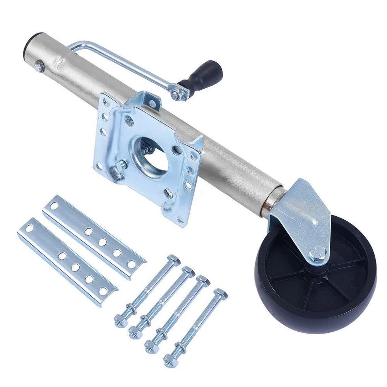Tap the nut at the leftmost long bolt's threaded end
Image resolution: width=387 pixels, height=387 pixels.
coord(119,321)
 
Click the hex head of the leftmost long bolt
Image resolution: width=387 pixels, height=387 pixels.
coord(174,260)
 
